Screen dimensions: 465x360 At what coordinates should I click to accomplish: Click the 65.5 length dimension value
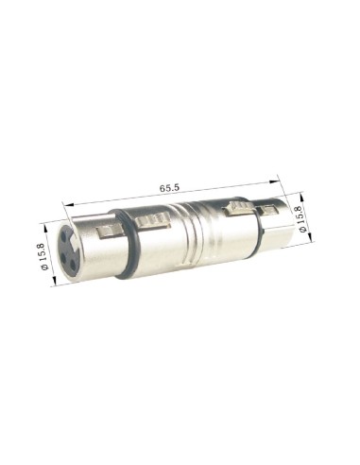pos(169,188)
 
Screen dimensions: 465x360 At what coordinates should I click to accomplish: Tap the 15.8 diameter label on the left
pos(41,254)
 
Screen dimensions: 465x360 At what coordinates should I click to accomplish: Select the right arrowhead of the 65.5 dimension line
pos(280,177)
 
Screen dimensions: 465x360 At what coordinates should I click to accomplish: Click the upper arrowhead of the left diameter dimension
pos(50,224)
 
